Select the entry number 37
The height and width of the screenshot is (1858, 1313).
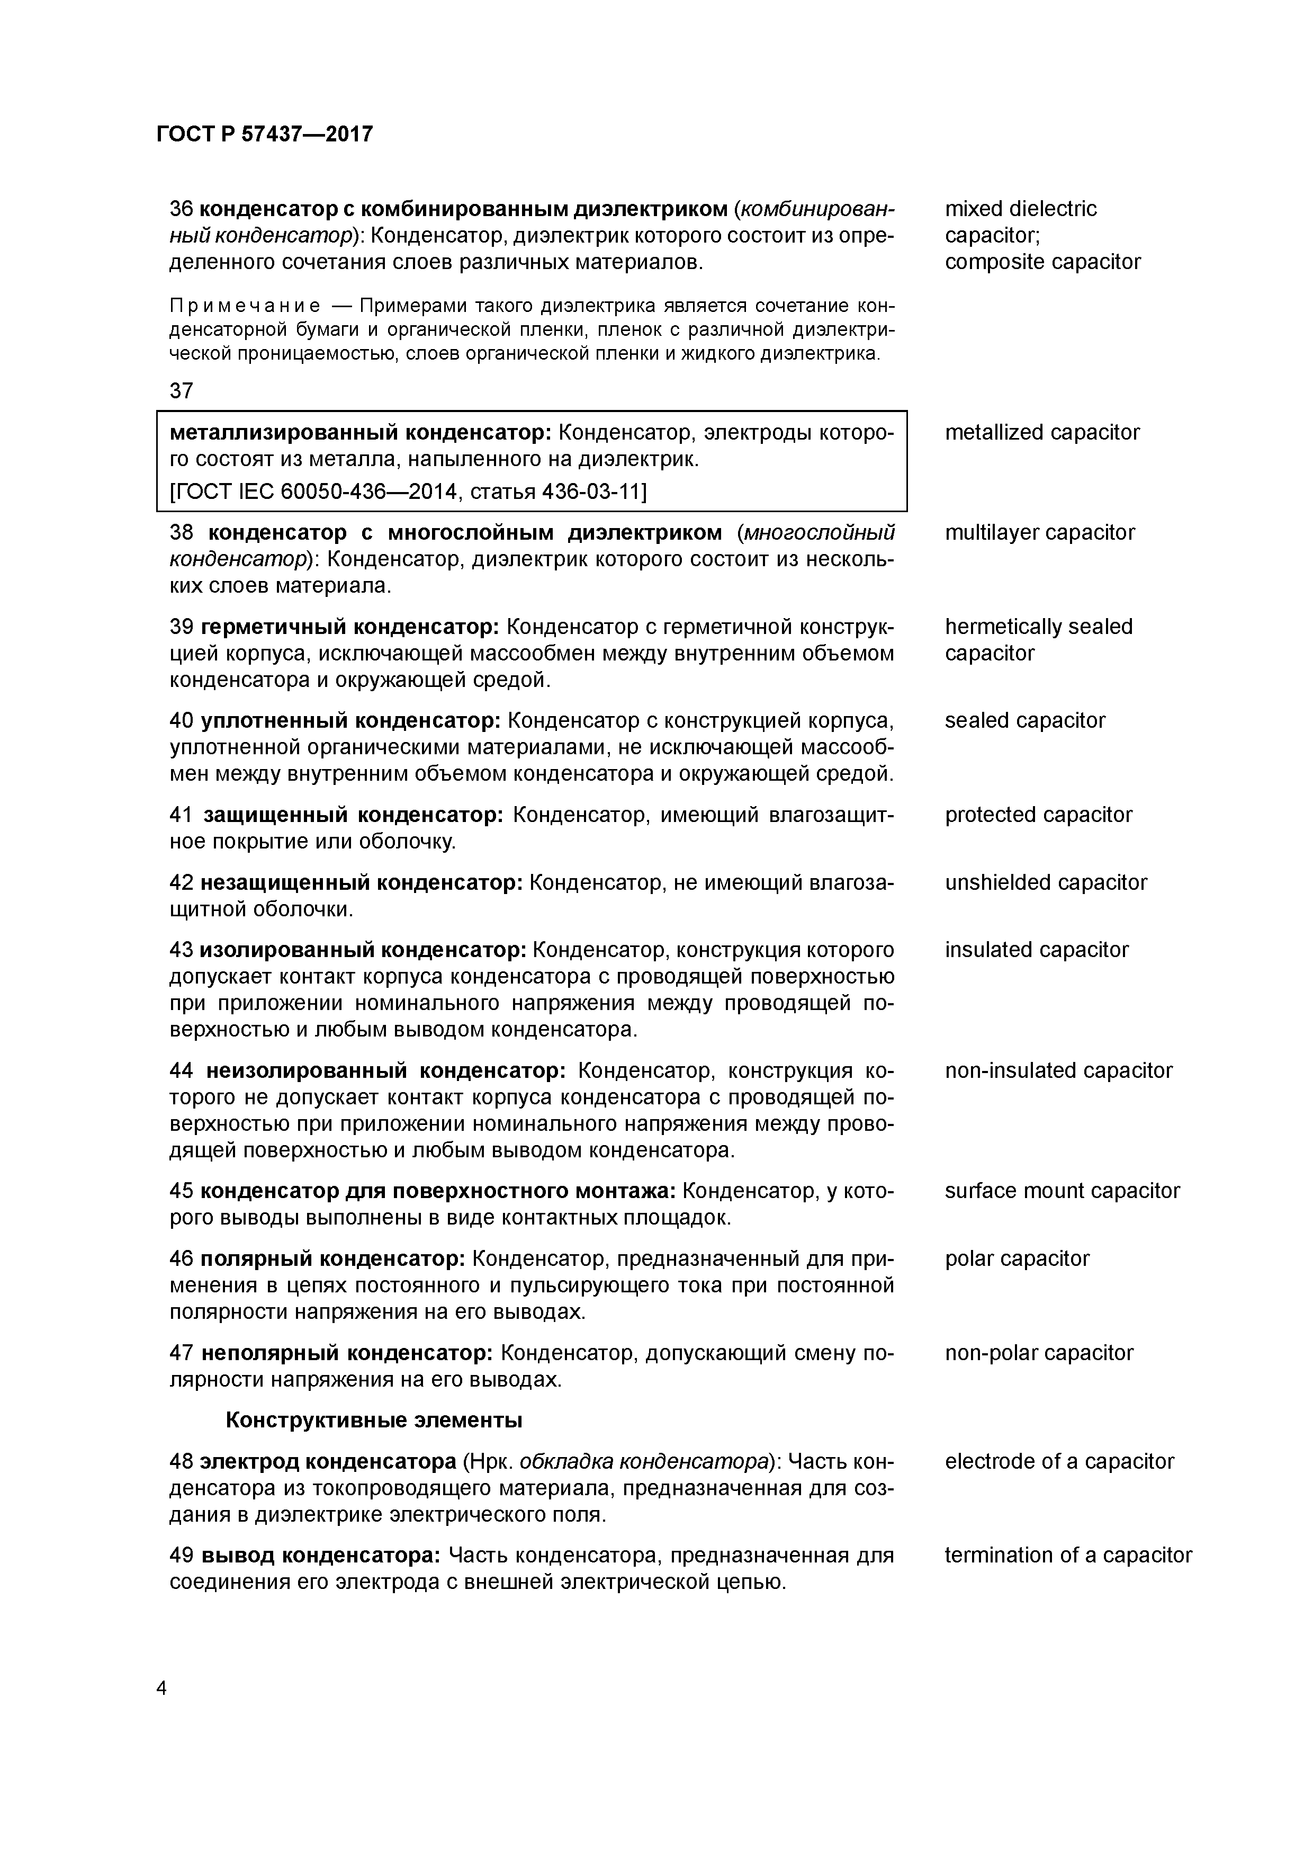click(x=181, y=391)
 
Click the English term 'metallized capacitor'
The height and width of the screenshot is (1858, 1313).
click(x=1041, y=433)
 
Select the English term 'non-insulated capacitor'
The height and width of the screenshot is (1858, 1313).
click(x=1058, y=1070)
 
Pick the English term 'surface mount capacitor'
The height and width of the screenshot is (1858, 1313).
click(x=1062, y=1191)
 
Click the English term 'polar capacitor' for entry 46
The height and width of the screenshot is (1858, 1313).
click(x=1017, y=1259)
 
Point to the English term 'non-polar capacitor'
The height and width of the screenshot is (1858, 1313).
click(x=1039, y=1353)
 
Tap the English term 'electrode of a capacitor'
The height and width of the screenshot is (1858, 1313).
click(x=1059, y=1461)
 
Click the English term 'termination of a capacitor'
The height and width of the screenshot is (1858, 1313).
click(x=1068, y=1556)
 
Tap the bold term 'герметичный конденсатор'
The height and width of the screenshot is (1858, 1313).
click(x=349, y=627)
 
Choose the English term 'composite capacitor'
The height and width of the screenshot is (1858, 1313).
click(x=1042, y=262)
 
